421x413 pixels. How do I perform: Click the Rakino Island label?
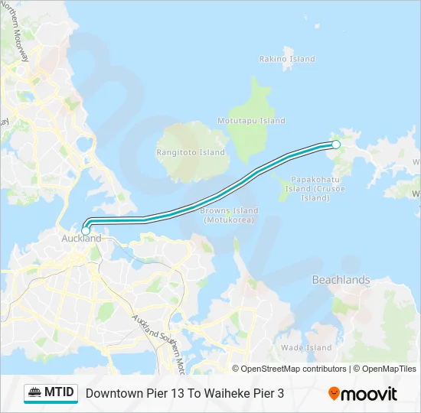[x=287, y=59]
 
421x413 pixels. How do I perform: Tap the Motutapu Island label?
[x=251, y=121]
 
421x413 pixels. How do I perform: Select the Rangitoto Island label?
[x=191, y=152]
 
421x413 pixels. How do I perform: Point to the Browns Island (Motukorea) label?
[x=229, y=215]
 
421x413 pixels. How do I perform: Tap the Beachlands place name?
[x=341, y=280]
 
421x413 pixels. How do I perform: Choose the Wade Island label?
[x=306, y=348]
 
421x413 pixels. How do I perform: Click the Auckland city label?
[x=80, y=239]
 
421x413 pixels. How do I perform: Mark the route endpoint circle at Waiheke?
[x=335, y=144]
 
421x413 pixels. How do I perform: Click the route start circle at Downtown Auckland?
[x=86, y=229]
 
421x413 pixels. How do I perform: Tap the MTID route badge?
[x=51, y=393]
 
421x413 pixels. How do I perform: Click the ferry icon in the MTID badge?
[x=35, y=393]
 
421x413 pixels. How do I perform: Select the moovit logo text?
[x=369, y=394]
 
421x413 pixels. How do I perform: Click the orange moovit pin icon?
[x=334, y=394]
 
